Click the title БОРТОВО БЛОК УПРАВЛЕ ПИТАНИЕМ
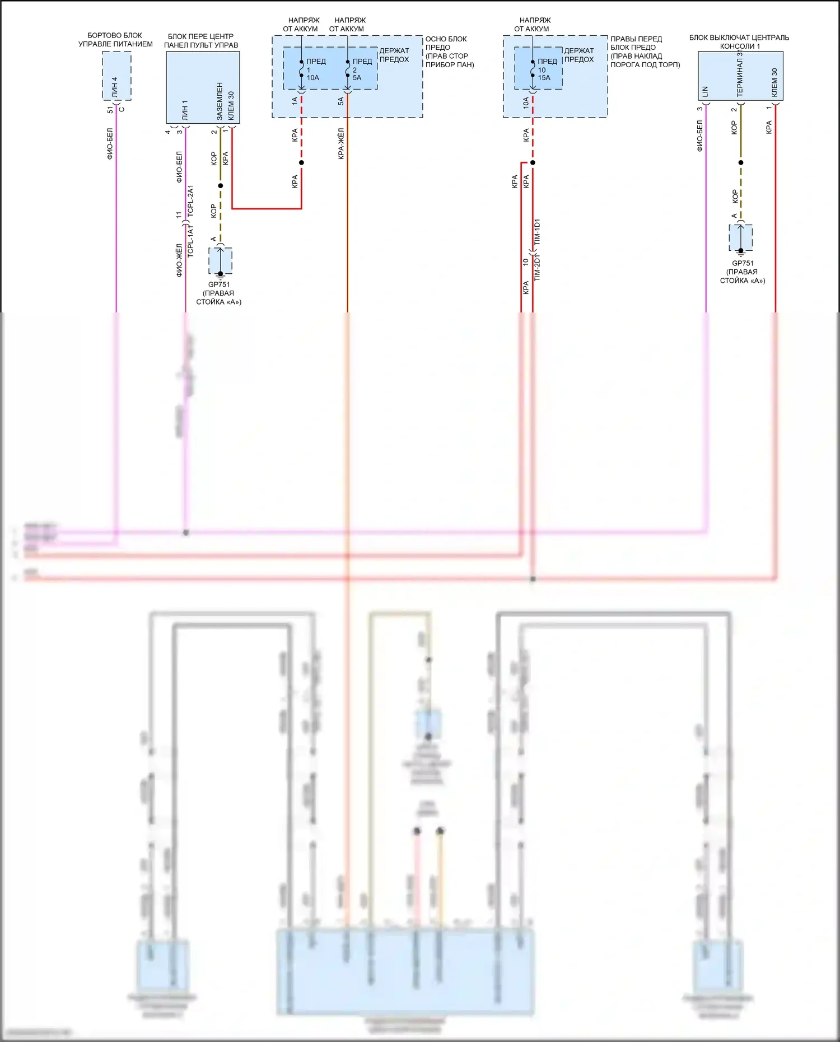pos(115,40)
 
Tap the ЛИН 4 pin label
pos(115,86)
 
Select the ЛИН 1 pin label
pos(185,111)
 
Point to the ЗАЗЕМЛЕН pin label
pos(220,101)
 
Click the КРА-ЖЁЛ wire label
pos(341,144)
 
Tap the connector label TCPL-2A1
pos(190,201)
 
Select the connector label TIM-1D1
pos(538,233)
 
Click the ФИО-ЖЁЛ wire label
pos(179,260)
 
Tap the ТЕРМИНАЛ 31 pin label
pos(740,74)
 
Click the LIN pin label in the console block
pos(705,91)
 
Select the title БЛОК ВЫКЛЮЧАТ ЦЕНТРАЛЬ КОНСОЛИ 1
pos(739,42)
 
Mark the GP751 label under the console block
pos(743,263)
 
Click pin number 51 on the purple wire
pos(110,110)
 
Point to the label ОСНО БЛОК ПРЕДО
pos(446,43)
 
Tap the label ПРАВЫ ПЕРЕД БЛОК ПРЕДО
pos(636,43)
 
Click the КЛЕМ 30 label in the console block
pos(774,82)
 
